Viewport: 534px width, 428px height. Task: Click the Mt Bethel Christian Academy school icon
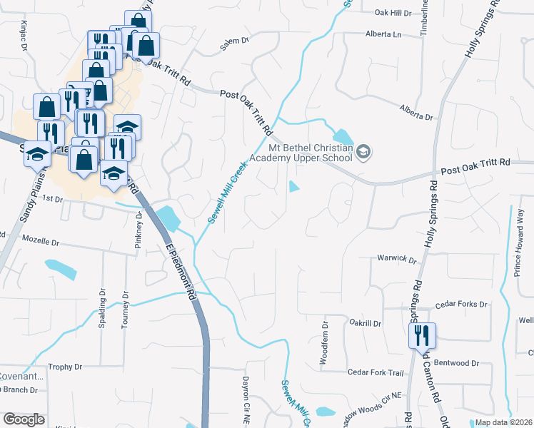click(363, 152)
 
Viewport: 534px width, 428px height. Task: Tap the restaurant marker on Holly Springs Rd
click(422, 334)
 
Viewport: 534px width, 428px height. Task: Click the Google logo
click(24, 419)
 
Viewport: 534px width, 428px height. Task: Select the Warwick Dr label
click(396, 258)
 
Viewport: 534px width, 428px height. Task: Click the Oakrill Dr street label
click(366, 323)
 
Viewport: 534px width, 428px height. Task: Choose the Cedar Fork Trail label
click(376, 372)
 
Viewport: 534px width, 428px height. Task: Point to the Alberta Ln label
click(383, 34)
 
